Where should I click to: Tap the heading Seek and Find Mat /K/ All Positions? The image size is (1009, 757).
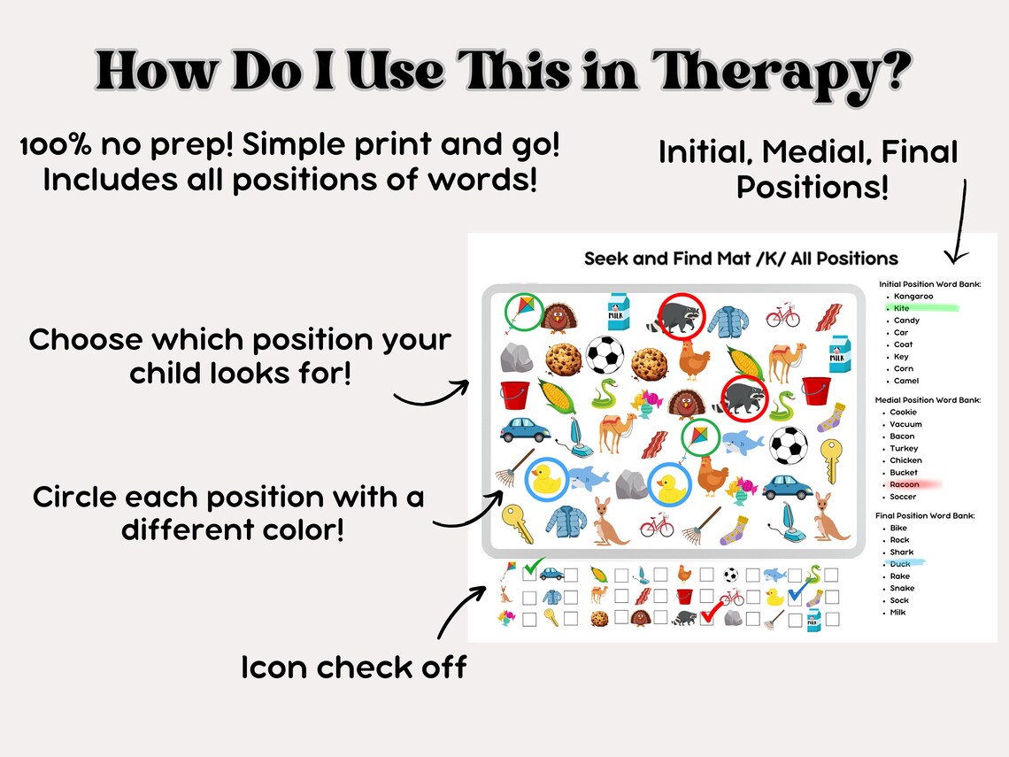[x=741, y=259]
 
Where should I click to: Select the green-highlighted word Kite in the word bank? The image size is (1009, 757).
[x=901, y=308]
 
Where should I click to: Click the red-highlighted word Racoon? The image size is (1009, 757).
[x=905, y=484]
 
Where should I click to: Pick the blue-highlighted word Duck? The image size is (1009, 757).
[x=900, y=564]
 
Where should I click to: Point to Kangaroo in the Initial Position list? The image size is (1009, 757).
[x=913, y=296]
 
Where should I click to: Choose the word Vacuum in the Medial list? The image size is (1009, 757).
[x=905, y=424]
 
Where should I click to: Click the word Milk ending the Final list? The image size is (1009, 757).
[x=898, y=612]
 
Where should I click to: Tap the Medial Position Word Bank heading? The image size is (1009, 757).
[x=928, y=400]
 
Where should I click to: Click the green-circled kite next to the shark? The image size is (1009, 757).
[x=699, y=437]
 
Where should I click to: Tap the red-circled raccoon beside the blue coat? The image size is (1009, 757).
[x=681, y=313]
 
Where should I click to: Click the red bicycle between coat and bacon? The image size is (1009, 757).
[x=782, y=315]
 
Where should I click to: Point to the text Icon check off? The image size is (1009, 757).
[x=353, y=667]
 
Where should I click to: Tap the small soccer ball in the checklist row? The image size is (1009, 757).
[x=730, y=575]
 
